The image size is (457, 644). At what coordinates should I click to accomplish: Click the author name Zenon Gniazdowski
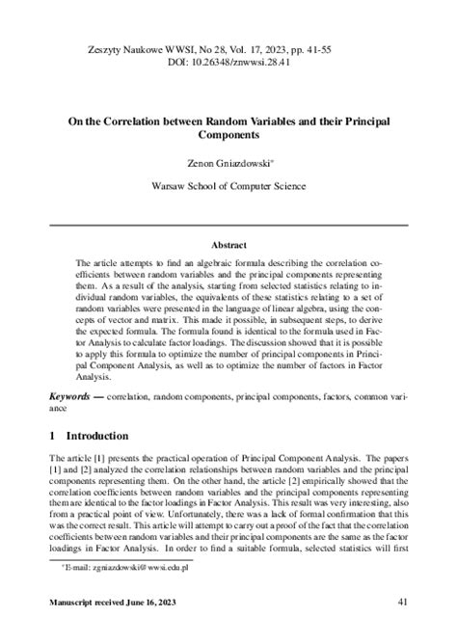tap(228, 166)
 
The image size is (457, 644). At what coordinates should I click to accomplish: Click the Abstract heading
tap(228, 245)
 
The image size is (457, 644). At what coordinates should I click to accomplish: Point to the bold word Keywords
tap(73, 398)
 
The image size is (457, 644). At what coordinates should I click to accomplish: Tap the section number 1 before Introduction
tap(53, 436)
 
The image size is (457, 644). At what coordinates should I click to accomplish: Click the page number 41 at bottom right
tap(404, 627)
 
